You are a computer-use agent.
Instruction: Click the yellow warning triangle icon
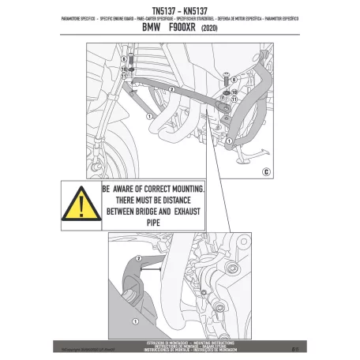81,204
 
